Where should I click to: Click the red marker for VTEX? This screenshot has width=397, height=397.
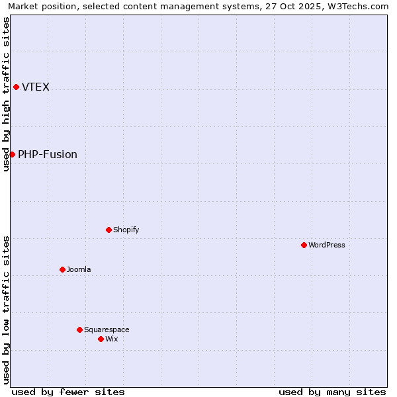[x=16, y=87]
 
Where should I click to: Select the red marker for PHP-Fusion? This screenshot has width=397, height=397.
[x=12, y=154]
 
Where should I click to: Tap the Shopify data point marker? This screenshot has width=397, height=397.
[x=109, y=230]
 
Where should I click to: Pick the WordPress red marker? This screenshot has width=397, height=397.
[x=304, y=245]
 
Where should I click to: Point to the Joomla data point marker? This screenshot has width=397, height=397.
[x=62, y=269]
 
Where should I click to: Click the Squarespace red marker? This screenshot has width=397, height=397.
[x=79, y=330]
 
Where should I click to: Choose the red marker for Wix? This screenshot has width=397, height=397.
[x=101, y=339]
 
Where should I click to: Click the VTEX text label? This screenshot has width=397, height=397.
[x=36, y=87]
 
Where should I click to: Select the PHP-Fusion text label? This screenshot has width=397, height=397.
[x=48, y=154]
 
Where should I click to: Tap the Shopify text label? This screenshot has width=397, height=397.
[x=126, y=230]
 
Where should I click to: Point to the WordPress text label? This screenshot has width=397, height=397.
[x=327, y=245]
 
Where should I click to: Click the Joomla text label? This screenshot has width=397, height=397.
[x=79, y=269]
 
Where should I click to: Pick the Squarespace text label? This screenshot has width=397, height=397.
[x=107, y=330]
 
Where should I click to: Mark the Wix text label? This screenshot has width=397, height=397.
[x=112, y=339]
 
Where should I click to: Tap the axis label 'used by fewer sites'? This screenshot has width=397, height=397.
[x=68, y=392]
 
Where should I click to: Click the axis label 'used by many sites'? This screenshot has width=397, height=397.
[x=332, y=392]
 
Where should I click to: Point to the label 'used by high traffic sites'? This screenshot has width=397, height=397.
[x=6, y=94]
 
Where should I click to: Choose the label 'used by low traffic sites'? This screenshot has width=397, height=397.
[x=6, y=310]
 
